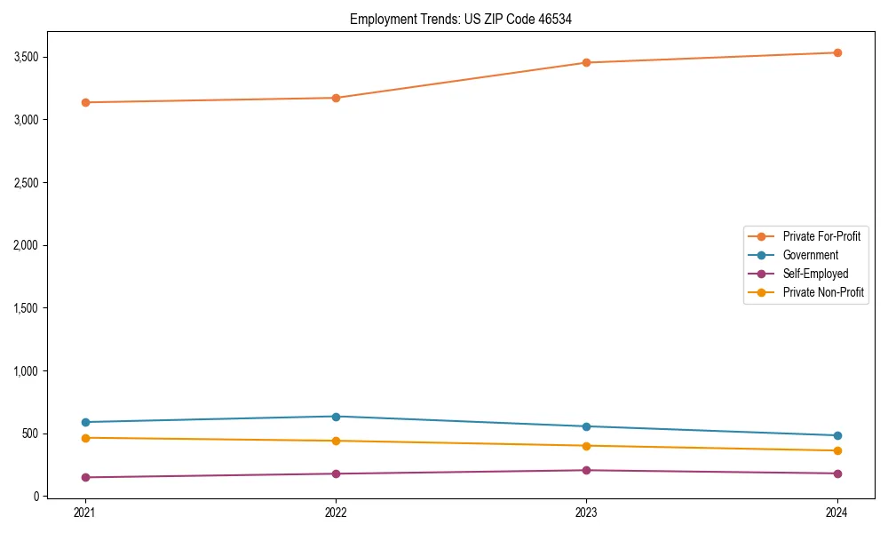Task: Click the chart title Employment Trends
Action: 455,19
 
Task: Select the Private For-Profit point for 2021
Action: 85,102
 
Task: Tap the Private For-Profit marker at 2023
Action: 586,62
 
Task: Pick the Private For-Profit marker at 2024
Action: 836,52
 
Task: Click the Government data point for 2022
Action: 336,417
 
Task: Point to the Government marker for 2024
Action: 836,435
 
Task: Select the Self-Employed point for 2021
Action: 85,477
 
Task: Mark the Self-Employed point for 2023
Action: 586,470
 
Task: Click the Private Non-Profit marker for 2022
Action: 336,441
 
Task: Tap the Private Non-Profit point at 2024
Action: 836,450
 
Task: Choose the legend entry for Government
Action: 810,255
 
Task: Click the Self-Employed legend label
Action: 815,274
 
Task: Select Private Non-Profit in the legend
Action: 823,292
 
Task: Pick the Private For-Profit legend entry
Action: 821,236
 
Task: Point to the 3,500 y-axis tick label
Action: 24,57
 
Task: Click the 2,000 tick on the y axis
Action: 24,245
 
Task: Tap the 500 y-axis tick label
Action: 29,434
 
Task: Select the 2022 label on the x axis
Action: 336,512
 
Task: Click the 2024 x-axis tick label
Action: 836,512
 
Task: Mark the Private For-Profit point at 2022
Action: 336,98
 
